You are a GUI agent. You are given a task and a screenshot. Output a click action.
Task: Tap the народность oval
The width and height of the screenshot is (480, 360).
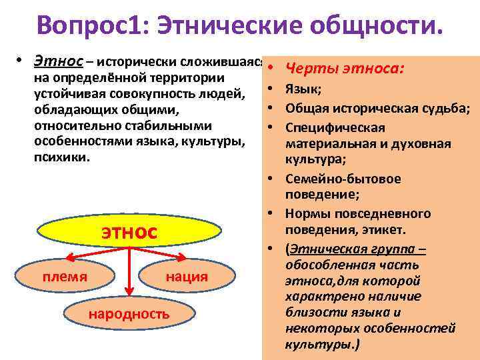tap(129, 313)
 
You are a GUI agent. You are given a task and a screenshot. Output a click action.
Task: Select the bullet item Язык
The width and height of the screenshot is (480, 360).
tap(304, 89)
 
